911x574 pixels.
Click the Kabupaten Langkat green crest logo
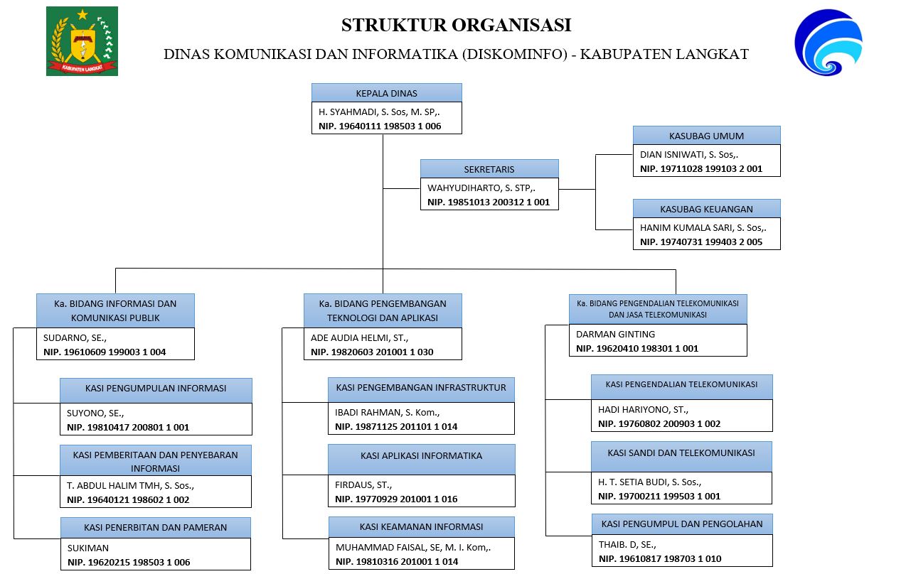82,41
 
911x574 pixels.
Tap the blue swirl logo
829,42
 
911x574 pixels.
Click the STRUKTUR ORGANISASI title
457,25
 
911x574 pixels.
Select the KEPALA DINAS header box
387,92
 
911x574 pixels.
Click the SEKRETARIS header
489,168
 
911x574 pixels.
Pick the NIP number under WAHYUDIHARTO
489,202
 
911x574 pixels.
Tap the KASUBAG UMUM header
706,135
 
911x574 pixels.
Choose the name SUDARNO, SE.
75,337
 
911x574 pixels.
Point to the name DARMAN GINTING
615,334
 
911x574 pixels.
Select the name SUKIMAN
88,548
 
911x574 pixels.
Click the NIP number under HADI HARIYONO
659,423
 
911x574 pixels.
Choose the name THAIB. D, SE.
627,544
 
